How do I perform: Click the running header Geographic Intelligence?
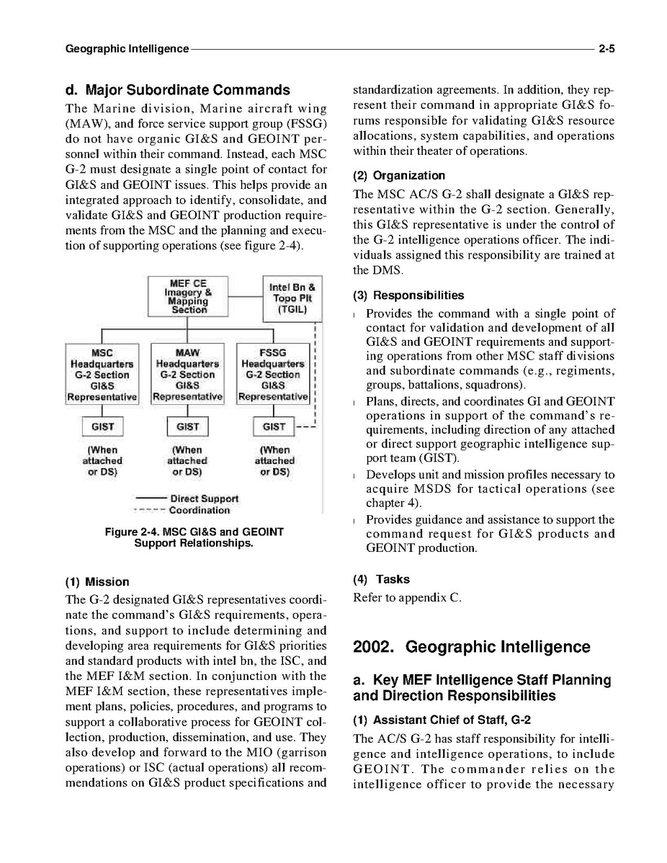(x=127, y=49)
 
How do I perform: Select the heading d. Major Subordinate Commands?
(x=177, y=91)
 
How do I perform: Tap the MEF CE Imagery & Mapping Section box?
(x=188, y=296)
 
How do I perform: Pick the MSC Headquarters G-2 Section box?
(x=102, y=375)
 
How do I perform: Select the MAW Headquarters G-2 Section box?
(x=188, y=375)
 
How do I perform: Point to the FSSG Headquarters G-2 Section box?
(x=273, y=375)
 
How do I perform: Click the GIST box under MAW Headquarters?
(x=188, y=426)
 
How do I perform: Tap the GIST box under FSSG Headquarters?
(x=274, y=426)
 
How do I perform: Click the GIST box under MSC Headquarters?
(x=102, y=426)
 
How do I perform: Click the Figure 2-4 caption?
(x=194, y=537)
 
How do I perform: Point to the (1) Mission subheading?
(x=97, y=581)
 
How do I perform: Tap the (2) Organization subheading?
(x=398, y=176)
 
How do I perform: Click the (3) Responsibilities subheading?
(x=408, y=295)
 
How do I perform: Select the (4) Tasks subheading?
(x=381, y=579)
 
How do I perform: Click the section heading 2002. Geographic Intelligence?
(x=471, y=647)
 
